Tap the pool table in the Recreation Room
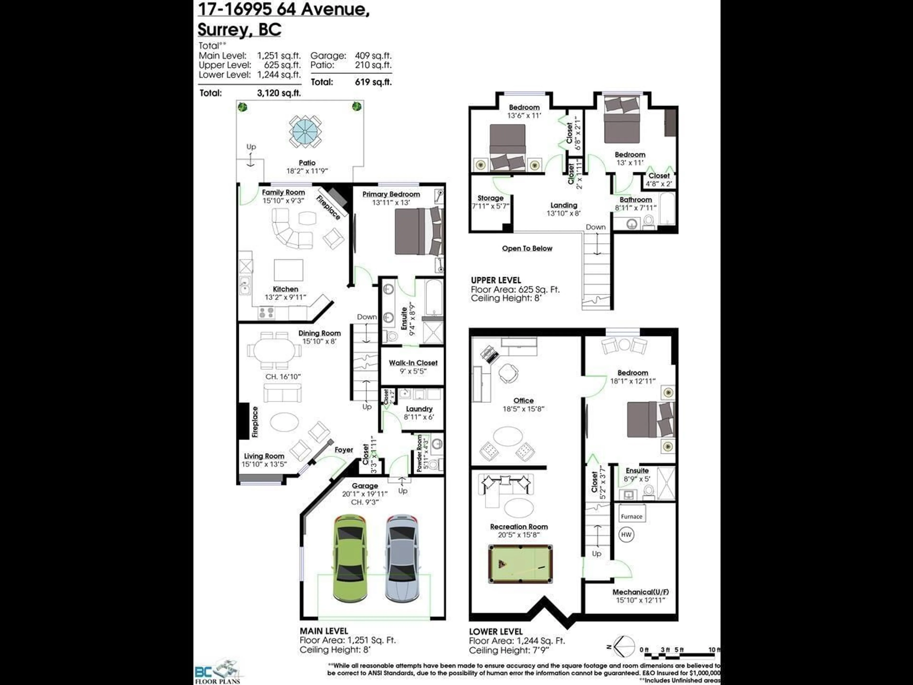point(520,564)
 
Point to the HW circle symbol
point(626,535)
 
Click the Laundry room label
point(419,409)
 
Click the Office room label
point(523,401)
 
